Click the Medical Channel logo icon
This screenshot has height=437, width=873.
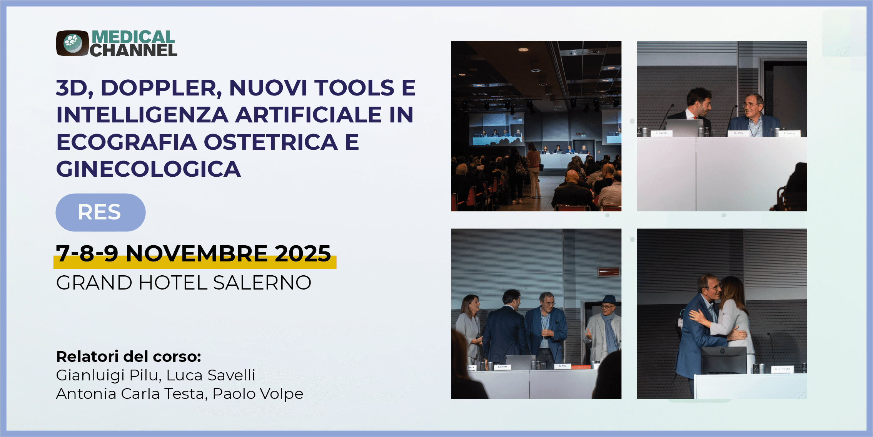coord(73,43)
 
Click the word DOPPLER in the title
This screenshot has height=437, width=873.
coord(161,88)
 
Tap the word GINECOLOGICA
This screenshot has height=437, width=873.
coord(149,169)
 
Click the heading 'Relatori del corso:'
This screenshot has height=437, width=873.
coord(129,357)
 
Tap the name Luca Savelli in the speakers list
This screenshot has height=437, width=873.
coord(211,375)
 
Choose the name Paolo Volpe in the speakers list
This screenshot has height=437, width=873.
coord(258,394)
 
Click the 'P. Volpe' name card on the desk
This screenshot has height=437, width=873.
coord(790,134)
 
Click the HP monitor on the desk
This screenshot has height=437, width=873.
coord(724,360)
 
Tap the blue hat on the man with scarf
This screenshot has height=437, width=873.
coord(609,300)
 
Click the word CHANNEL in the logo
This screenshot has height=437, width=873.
coord(134,50)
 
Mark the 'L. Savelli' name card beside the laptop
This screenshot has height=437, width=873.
coord(662,133)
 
